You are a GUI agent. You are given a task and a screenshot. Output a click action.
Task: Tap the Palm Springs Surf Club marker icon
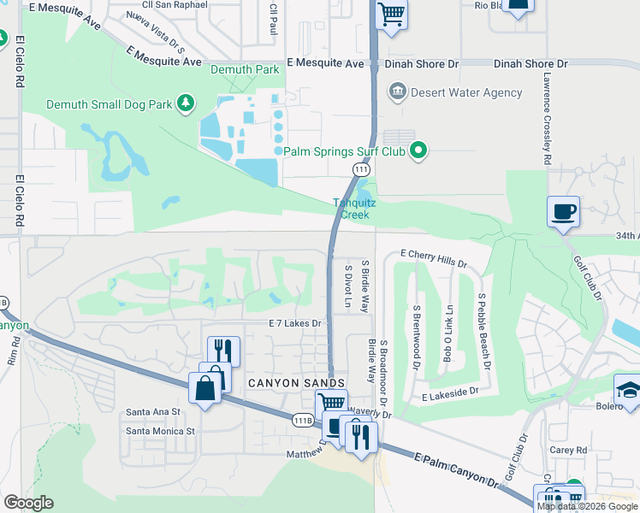click(x=418, y=152)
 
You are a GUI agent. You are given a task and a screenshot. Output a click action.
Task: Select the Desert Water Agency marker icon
click(x=396, y=91)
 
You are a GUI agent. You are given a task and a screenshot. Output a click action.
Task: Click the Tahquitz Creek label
click(x=351, y=209)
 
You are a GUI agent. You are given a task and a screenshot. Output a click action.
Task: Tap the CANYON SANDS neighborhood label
click(x=295, y=382)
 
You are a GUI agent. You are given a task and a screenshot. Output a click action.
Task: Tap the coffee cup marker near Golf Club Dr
click(x=564, y=211)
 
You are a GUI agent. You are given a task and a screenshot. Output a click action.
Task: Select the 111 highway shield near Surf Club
click(x=364, y=171)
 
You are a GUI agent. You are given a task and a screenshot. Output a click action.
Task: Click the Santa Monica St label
click(x=161, y=431)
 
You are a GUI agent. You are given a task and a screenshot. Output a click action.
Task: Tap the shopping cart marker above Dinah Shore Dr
click(x=391, y=15)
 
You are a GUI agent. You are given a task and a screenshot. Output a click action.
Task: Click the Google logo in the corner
click(x=27, y=503)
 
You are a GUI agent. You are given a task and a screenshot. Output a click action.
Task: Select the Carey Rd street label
click(x=569, y=450)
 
